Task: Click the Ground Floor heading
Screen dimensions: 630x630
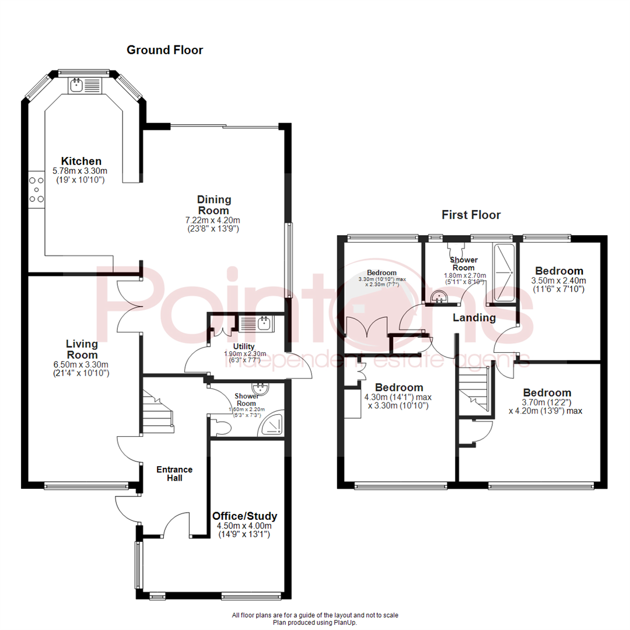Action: (x=165, y=50)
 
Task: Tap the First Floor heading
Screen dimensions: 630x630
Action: (x=471, y=215)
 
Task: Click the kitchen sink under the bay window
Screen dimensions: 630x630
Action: (x=76, y=86)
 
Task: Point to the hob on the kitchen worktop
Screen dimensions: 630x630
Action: (x=36, y=190)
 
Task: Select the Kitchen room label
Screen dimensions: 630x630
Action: (x=82, y=161)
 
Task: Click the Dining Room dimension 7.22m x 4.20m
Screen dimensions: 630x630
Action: (x=213, y=220)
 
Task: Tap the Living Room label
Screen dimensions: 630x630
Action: (x=82, y=349)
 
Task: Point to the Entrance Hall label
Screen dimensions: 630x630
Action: (x=174, y=474)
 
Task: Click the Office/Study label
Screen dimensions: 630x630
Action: (x=244, y=516)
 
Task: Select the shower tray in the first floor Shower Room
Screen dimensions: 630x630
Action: (x=505, y=273)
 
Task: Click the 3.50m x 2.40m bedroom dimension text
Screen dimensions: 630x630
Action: (x=559, y=281)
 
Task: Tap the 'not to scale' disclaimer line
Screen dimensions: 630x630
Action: (x=314, y=615)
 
